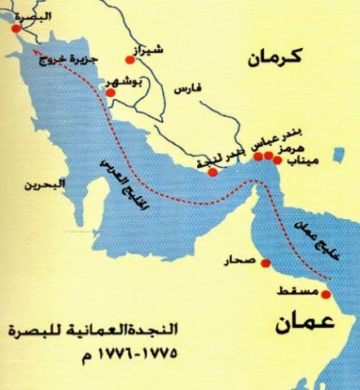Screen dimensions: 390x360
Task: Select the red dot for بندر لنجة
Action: tap(213, 172)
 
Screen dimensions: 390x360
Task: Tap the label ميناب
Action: tap(301, 161)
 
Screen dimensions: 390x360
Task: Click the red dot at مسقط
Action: tap(327, 294)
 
